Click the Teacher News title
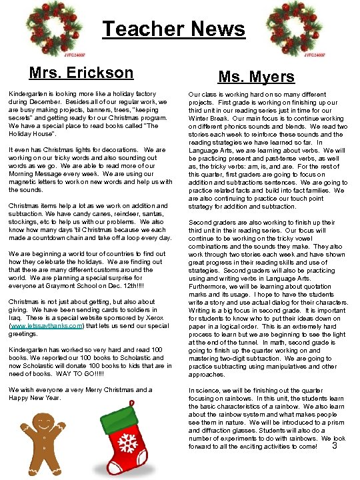pos(173,29)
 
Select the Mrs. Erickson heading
pos(81,73)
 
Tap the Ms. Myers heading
pos(257,77)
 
